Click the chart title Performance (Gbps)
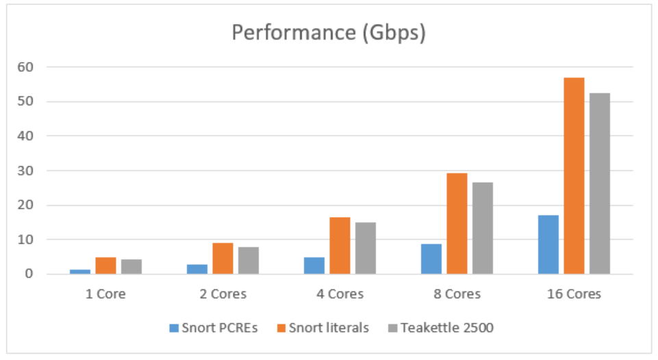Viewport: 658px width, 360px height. (329, 33)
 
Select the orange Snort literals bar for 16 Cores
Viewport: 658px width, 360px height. (574, 176)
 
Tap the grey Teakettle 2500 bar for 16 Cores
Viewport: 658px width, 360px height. (600, 183)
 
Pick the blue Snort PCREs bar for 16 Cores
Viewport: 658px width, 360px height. (548, 245)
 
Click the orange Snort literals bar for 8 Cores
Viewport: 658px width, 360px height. (457, 224)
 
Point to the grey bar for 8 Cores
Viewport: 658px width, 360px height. (483, 228)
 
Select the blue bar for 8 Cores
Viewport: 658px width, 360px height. (431, 259)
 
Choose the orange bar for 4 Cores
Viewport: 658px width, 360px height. (340, 246)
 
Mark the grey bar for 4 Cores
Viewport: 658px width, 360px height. (366, 248)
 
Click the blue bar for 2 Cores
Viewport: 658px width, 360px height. (197, 270)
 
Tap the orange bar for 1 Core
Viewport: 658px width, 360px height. (105, 266)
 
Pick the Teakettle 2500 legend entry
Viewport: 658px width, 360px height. (444, 328)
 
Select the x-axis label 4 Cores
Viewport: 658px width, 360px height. (340, 294)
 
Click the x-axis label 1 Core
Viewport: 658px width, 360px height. (106, 294)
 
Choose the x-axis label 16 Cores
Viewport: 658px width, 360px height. (574, 294)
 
